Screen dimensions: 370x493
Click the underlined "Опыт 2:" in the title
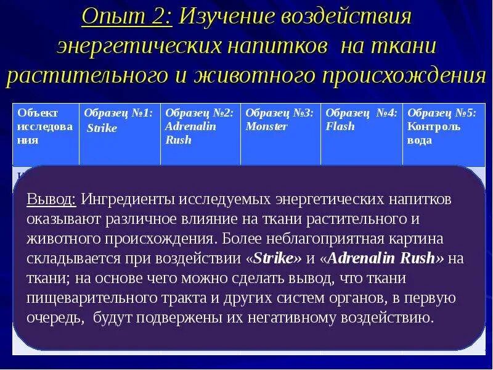(126, 17)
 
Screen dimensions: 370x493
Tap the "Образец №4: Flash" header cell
(361, 120)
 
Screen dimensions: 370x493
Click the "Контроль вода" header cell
(442, 126)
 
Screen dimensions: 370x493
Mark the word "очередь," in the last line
(55, 318)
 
